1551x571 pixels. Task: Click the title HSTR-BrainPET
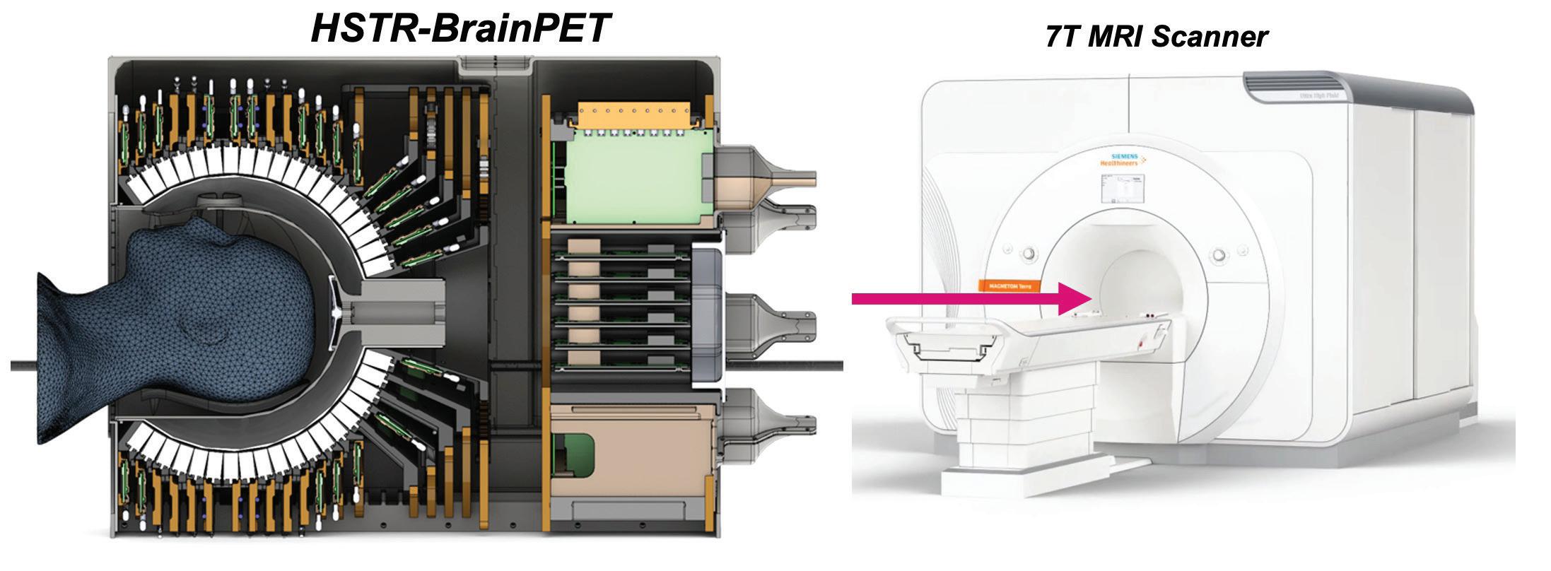tap(460, 28)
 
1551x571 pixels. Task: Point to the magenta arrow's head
tap(1077, 298)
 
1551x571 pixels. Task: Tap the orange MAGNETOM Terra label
tap(1007, 285)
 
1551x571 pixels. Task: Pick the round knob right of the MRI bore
tap(1217, 253)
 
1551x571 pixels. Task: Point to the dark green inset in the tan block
tap(574, 452)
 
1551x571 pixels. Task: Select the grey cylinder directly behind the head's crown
tap(403, 311)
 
